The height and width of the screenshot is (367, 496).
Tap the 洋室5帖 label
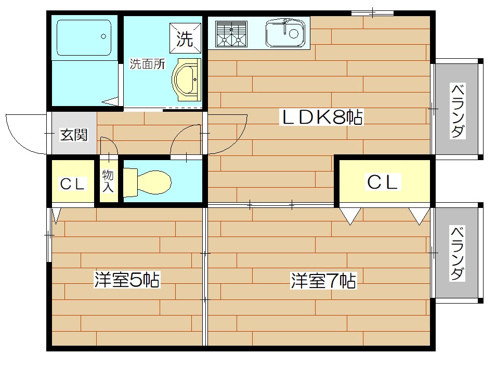pyautogui.click(x=126, y=280)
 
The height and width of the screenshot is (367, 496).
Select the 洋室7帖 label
pyautogui.click(x=323, y=281)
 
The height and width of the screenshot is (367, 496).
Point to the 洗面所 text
pyautogui.click(x=147, y=64)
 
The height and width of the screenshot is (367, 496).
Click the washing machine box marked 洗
pyautogui.click(x=185, y=39)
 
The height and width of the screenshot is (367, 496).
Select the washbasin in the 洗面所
pyautogui.click(x=187, y=79)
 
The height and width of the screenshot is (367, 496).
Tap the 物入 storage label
pyautogui.click(x=108, y=181)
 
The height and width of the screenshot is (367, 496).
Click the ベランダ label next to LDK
pyautogui.click(x=456, y=110)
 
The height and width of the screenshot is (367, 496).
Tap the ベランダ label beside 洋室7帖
pyautogui.click(x=456, y=253)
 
